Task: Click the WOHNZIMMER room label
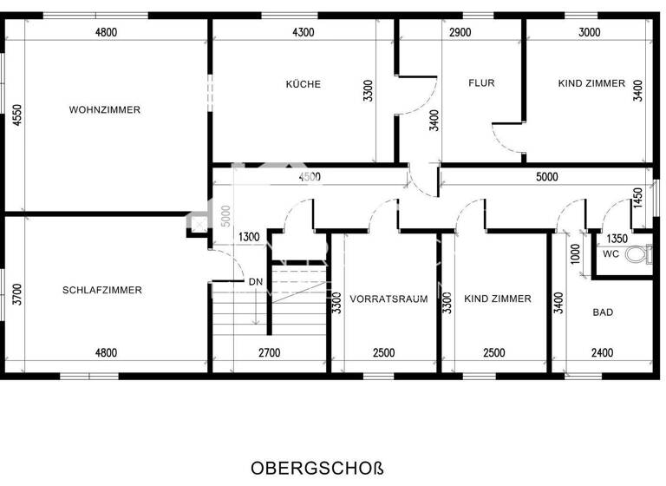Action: [x=104, y=110]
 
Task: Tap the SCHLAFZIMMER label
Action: [x=102, y=290]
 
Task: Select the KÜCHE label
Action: [x=304, y=84]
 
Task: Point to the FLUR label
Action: [x=481, y=84]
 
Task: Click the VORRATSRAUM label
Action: [x=389, y=299]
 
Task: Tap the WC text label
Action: [x=610, y=255]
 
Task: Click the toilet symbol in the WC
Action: [x=639, y=255]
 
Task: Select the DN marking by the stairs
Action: [x=256, y=282]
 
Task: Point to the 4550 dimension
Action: [x=16, y=117]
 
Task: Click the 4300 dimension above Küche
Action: [x=304, y=32]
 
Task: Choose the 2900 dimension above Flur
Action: [x=460, y=32]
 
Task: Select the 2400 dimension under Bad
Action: [x=603, y=352]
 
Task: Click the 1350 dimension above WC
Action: [x=617, y=239]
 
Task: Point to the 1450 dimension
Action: [x=639, y=199]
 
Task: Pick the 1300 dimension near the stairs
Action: [x=249, y=237]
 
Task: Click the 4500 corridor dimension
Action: [x=310, y=177]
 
